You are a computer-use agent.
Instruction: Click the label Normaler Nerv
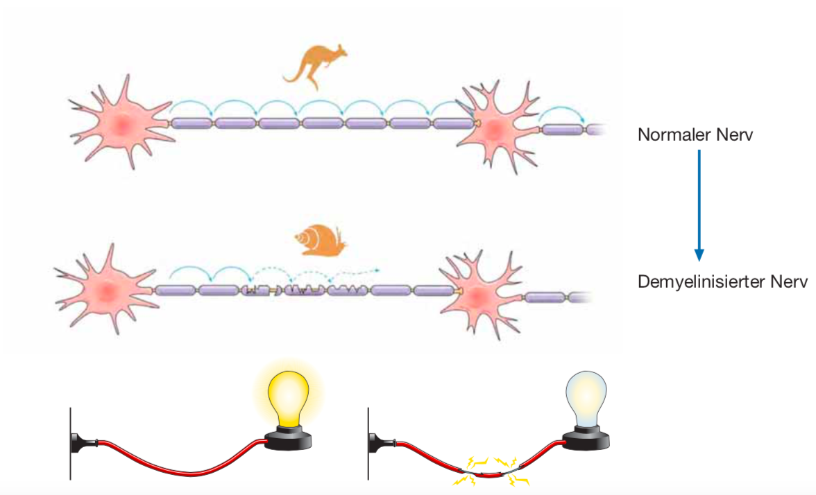click(695, 134)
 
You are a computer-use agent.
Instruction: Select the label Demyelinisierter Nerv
click(722, 282)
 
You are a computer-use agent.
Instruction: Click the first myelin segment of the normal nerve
click(192, 123)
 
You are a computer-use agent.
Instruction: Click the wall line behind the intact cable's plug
click(70, 444)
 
